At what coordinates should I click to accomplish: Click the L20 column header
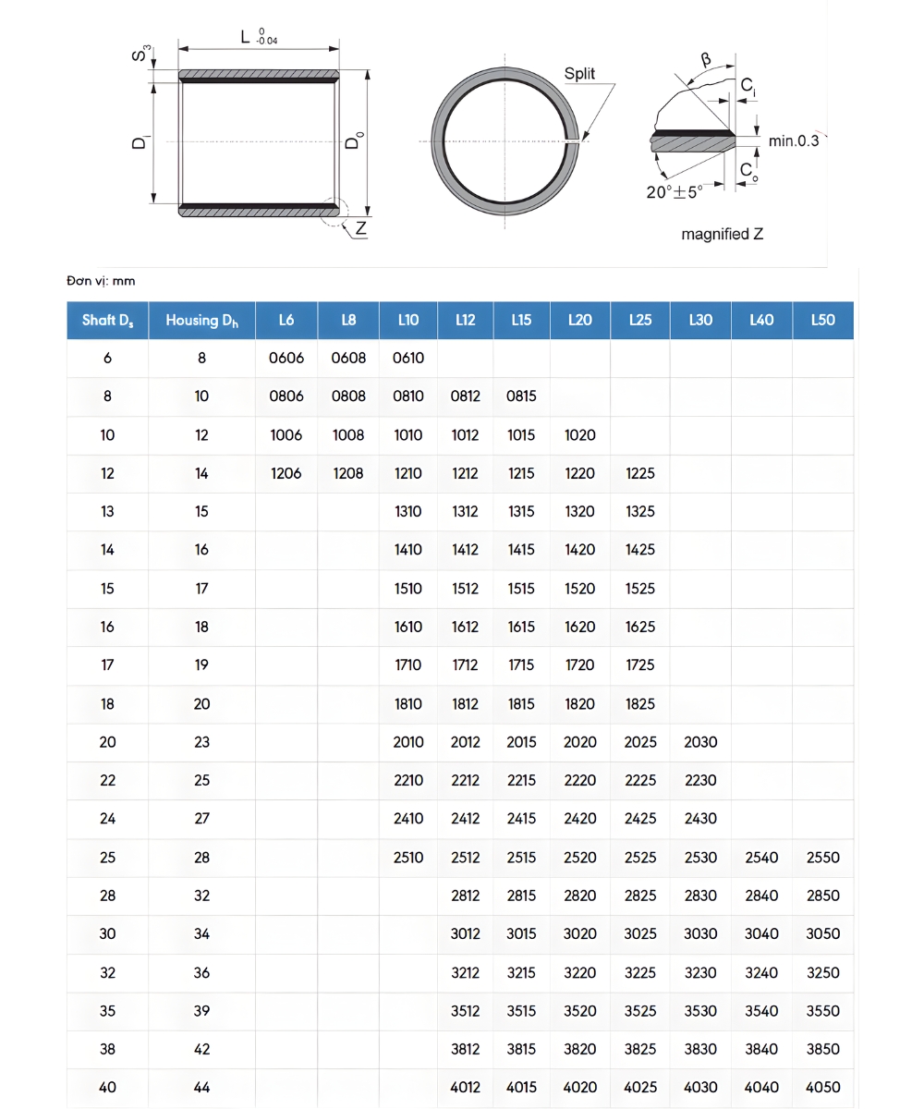[x=579, y=320]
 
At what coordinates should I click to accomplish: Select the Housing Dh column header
[x=201, y=320]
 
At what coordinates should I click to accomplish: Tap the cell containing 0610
[x=407, y=358]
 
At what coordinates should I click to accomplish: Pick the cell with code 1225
[x=639, y=473]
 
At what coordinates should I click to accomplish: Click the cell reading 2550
[x=822, y=857]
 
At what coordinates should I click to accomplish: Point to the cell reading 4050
[x=822, y=1087]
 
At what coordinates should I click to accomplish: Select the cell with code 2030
[x=700, y=741]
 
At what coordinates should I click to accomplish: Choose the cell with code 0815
[x=521, y=396]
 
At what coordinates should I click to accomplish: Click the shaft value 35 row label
[x=107, y=1010]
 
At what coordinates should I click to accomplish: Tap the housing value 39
[x=201, y=1010]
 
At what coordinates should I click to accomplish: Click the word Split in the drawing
[x=579, y=74]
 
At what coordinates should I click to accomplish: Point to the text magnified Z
[x=722, y=234]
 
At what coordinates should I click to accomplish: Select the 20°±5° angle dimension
[x=674, y=192]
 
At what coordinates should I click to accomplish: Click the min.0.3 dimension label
[x=794, y=140]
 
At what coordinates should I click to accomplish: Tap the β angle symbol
[x=706, y=60]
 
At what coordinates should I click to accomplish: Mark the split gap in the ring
[x=573, y=141]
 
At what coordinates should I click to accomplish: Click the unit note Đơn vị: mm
[x=101, y=280]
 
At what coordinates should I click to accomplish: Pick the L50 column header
[x=822, y=320]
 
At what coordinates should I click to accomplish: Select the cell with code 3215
[x=521, y=972]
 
